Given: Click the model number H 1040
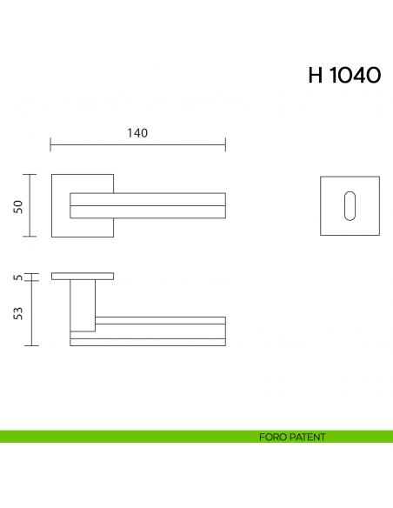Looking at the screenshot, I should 343,76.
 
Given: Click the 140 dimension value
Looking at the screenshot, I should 137,133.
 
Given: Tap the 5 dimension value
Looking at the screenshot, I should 17,277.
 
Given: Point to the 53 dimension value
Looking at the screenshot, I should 17,312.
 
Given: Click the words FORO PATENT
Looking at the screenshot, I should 292,437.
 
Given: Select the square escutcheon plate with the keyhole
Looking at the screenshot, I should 333,205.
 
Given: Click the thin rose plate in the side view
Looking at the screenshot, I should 82,277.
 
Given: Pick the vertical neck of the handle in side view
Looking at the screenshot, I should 82,304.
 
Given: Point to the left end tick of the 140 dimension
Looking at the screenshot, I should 51,144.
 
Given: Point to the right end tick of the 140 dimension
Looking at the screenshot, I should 225,144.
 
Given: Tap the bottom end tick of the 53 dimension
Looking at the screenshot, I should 32,345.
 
